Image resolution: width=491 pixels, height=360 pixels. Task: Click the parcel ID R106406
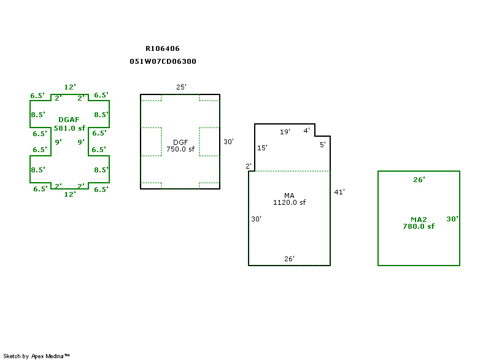click(x=163, y=48)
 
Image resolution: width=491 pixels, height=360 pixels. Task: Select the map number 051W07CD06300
click(x=163, y=61)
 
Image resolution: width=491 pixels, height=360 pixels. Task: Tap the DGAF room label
click(x=69, y=120)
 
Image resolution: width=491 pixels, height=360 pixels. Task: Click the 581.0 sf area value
click(x=69, y=128)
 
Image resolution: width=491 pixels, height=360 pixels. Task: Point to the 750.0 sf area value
click(x=180, y=149)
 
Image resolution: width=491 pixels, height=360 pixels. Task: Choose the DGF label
click(x=180, y=142)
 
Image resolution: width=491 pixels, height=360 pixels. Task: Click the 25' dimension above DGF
click(x=181, y=87)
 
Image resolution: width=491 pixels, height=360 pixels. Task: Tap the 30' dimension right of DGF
click(x=228, y=142)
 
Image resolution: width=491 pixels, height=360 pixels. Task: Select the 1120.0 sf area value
click(x=289, y=202)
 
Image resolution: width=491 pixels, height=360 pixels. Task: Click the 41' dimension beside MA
click(x=339, y=192)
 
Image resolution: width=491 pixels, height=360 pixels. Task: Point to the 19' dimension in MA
click(x=285, y=132)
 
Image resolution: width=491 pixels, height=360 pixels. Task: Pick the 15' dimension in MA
click(x=262, y=148)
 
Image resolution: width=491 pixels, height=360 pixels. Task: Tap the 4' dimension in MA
click(x=307, y=131)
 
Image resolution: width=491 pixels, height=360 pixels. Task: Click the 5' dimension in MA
click(x=323, y=145)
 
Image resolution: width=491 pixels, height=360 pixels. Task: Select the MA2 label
click(x=419, y=219)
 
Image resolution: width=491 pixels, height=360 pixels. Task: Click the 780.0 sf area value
click(x=419, y=226)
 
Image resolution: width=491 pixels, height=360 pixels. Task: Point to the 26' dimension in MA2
click(x=419, y=180)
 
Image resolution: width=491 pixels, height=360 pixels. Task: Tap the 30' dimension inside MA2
click(x=452, y=219)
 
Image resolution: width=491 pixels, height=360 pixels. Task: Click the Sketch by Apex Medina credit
click(x=37, y=356)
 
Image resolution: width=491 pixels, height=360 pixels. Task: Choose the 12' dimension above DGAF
click(x=70, y=88)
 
